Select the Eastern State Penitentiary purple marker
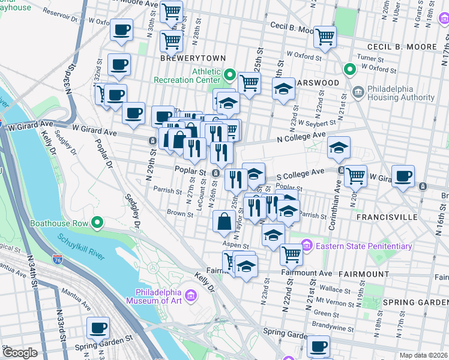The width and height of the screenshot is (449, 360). (307, 245)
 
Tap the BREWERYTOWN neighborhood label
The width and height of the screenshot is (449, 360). (193, 58)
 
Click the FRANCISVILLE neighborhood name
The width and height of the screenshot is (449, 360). (383, 217)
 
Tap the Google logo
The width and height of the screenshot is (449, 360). (20, 353)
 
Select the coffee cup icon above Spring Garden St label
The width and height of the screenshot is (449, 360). (98, 328)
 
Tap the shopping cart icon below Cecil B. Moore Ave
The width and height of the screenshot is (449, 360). (325, 36)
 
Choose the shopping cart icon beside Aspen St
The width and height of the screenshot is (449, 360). (292, 254)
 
